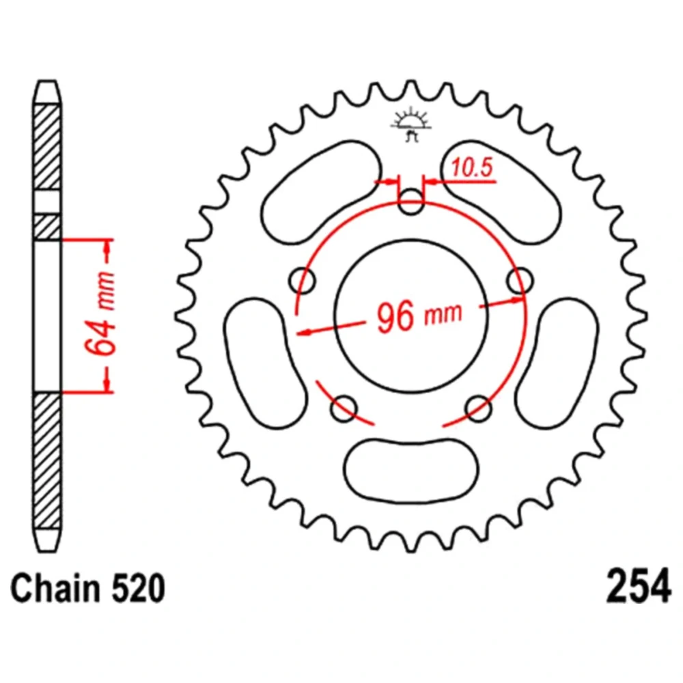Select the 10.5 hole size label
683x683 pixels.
[x=472, y=167]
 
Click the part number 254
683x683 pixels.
[x=638, y=586]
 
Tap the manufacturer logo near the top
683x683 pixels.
[x=410, y=126]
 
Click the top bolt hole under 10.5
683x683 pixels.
[x=410, y=201]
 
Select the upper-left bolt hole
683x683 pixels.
[x=303, y=281]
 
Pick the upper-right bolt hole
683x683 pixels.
[x=520, y=281]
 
